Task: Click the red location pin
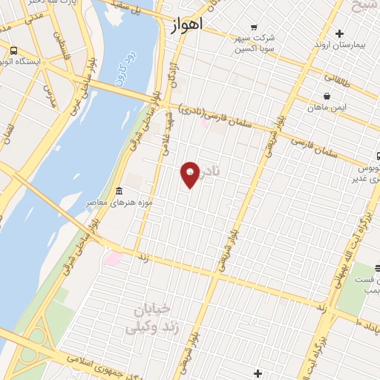[191, 174]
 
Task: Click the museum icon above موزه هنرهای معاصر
[120, 192]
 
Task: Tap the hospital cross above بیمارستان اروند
[340, 33]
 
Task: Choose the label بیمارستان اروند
[340, 45]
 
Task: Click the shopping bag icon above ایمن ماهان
[327, 96]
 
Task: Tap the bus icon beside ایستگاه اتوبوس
[13, 51]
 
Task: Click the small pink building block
[113, 259]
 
